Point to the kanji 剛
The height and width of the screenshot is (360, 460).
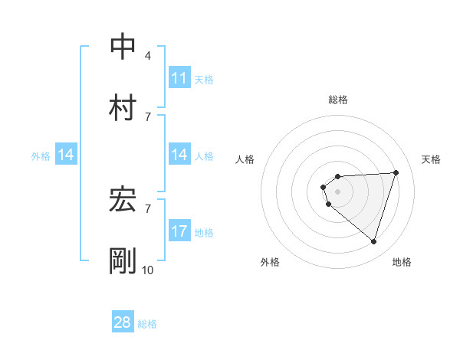point(123,260)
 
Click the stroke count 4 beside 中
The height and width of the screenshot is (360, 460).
point(148,55)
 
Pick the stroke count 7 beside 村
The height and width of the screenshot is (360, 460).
point(148,116)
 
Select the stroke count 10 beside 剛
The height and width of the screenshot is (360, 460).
point(148,270)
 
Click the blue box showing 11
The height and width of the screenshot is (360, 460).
point(179,78)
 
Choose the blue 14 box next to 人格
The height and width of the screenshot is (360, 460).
point(179,155)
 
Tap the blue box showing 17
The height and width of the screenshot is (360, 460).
point(179,231)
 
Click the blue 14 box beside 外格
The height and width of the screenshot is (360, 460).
point(66,155)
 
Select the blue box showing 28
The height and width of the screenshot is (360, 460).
point(123,322)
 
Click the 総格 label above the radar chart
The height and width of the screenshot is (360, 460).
point(337,100)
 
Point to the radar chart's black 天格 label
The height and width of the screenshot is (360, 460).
point(432,159)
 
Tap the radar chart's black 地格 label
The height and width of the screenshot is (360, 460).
point(402,262)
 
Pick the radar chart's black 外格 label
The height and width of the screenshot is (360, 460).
point(270,262)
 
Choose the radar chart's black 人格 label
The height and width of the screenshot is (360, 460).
point(245,159)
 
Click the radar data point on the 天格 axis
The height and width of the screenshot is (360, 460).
point(396,172)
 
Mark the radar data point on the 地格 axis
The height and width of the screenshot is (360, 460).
point(373,241)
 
